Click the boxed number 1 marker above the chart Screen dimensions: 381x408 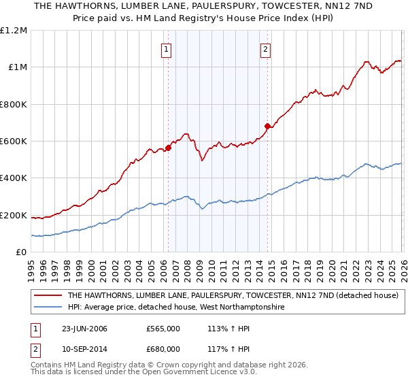[167, 48]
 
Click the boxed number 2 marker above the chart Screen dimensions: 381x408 [265, 48]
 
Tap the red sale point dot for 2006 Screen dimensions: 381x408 [168, 148]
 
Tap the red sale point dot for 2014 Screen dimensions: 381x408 [267, 126]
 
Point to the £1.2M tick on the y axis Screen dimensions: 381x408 [14, 30]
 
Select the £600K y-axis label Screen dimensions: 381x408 [14, 142]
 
